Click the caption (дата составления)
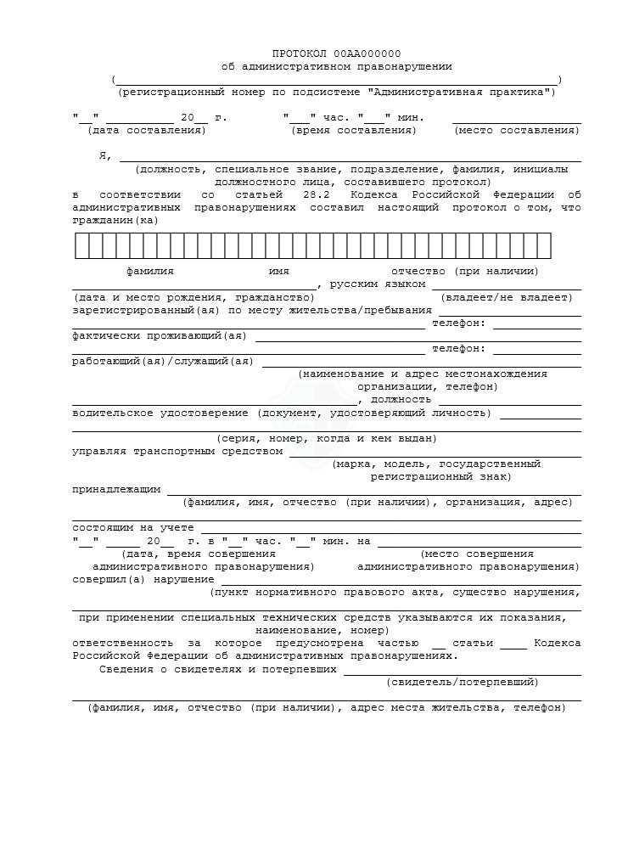point(147,130)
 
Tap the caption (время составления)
point(354,130)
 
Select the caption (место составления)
point(517,130)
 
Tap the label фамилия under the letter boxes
point(150,271)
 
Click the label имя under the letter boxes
point(279,271)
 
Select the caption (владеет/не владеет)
point(507,297)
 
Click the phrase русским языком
point(378,284)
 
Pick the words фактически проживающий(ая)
point(160,335)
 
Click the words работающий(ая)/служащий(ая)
point(163,362)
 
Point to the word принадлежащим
point(116,490)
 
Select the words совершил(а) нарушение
point(143,579)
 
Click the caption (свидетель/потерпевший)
point(463,682)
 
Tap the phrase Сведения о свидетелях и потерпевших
point(218,669)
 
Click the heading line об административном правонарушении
point(337,66)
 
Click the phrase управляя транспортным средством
point(177,452)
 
